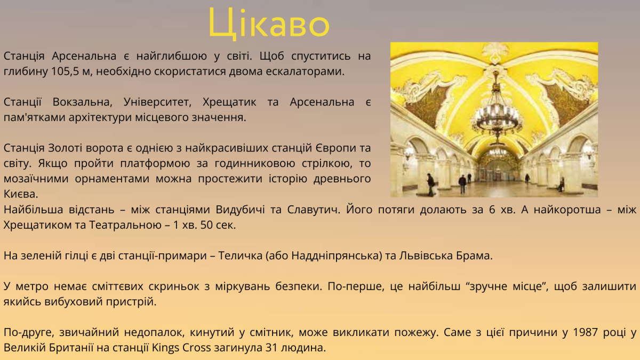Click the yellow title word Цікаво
[269, 23]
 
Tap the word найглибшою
[171, 56]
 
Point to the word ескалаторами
[305, 71]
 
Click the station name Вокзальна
[82, 102]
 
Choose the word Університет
[157, 102]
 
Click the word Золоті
[66, 148]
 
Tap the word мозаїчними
[36, 179]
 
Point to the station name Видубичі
[241, 210]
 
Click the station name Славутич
[314, 210]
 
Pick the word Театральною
[125, 225]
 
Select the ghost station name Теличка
[239, 255]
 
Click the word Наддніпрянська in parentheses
[337, 255]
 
